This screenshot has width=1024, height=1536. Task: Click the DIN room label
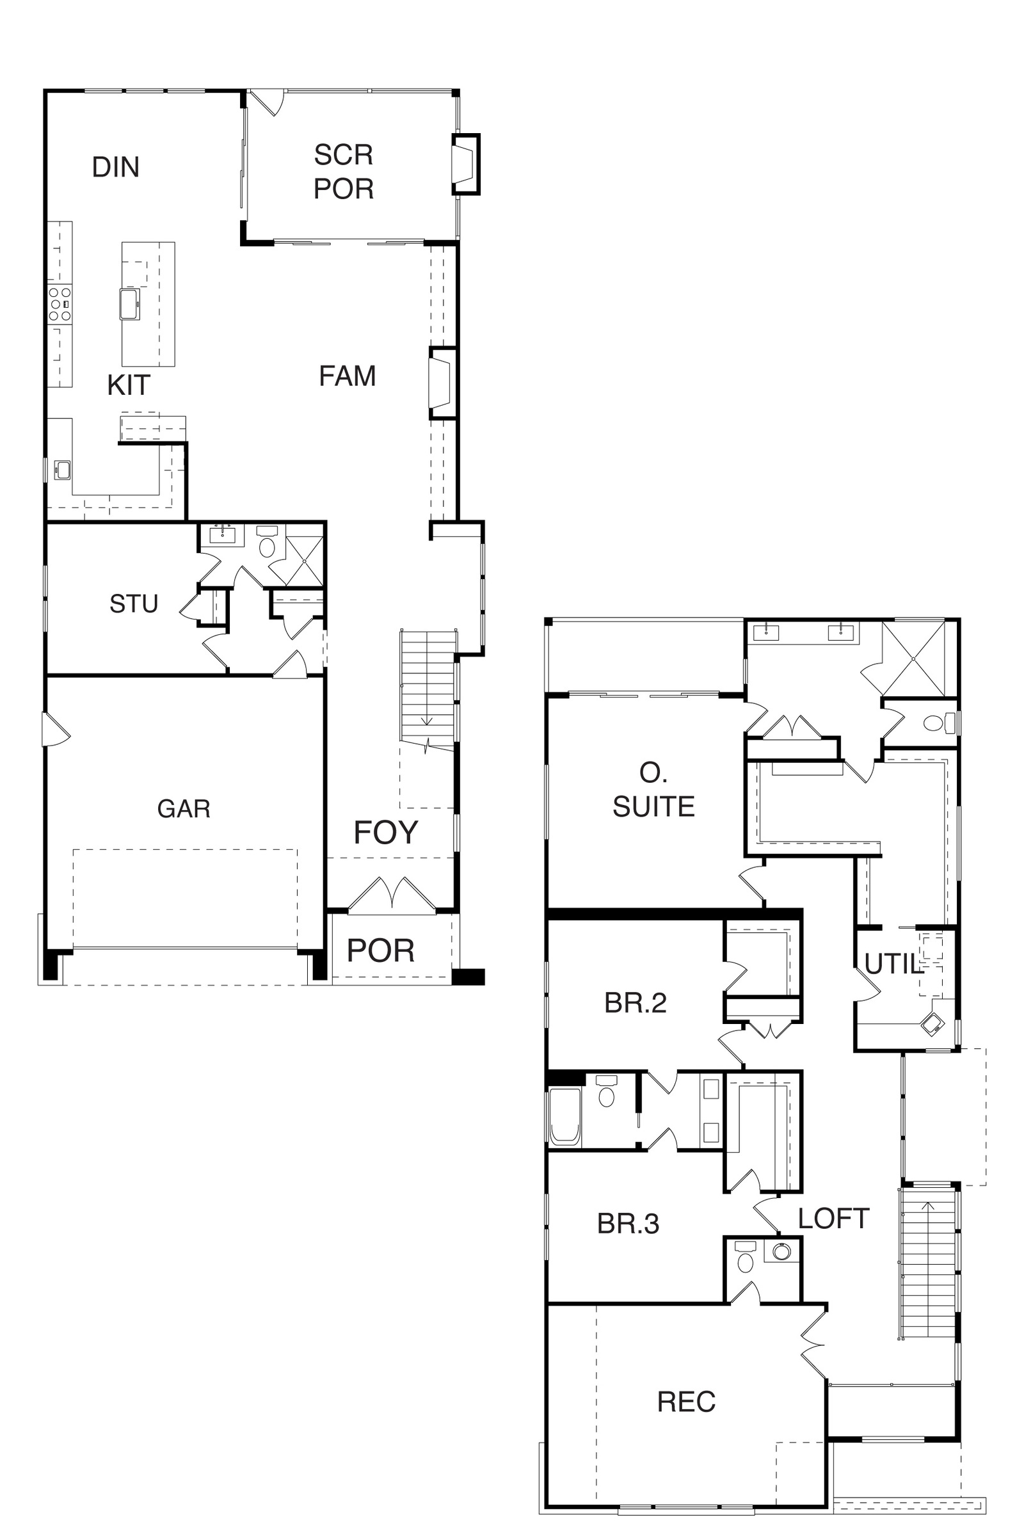click(x=116, y=167)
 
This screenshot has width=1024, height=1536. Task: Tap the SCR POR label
click(x=344, y=172)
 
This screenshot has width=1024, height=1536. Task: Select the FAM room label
click(x=348, y=376)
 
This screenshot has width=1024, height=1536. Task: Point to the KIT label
click(x=129, y=385)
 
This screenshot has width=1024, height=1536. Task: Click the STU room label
click(x=134, y=604)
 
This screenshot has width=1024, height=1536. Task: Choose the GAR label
click(x=184, y=809)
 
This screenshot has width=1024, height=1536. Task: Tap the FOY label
click(x=386, y=833)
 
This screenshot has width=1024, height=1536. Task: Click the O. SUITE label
click(x=653, y=790)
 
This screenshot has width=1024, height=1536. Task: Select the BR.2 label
click(x=636, y=1003)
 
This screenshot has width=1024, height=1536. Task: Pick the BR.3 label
click(x=628, y=1224)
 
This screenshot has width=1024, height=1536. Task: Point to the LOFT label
click(x=833, y=1219)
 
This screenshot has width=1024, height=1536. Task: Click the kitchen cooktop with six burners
click(x=60, y=303)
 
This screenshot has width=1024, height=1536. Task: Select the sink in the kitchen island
click(x=130, y=305)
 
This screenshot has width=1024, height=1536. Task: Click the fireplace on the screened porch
click(x=467, y=164)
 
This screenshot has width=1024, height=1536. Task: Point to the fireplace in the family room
click(x=442, y=383)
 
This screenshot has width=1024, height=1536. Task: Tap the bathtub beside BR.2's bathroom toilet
click(x=566, y=1117)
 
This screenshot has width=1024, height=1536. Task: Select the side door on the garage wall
click(x=55, y=729)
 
